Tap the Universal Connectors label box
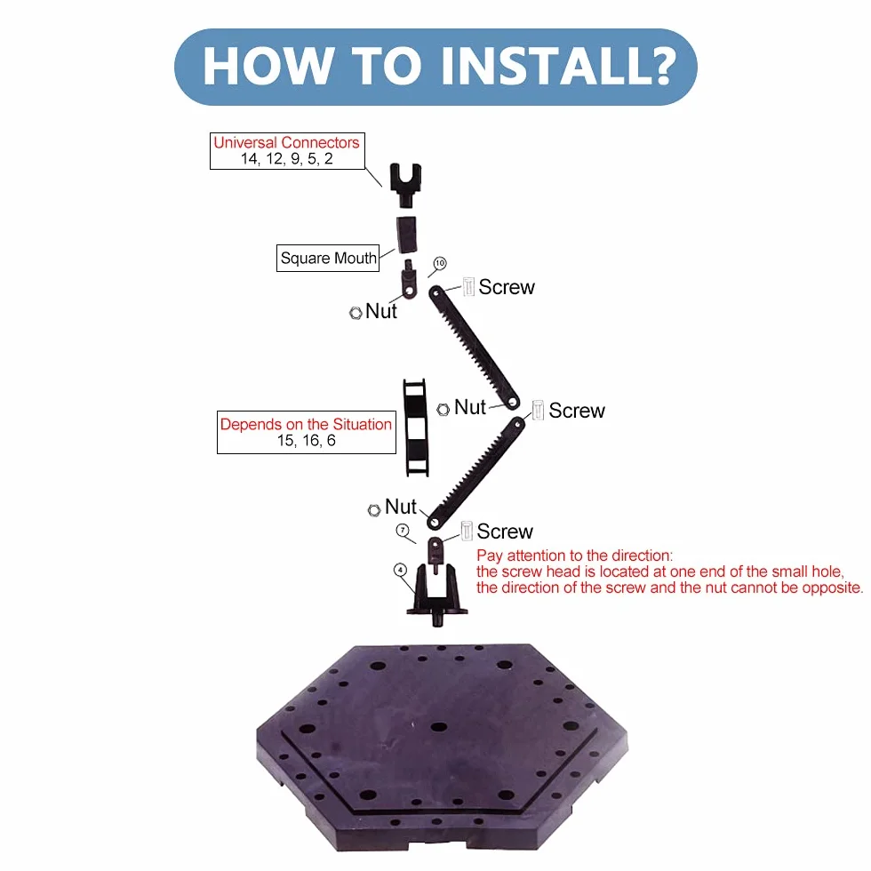pyautogui.click(x=287, y=150)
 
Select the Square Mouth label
pyautogui.click(x=328, y=259)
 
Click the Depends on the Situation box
pyautogui.click(x=306, y=432)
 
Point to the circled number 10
pyautogui.click(x=440, y=263)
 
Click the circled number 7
pyautogui.click(x=403, y=530)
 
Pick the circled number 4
pyautogui.click(x=400, y=570)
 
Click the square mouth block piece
pyautogui.click(x=407, y=235)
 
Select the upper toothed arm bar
pyautogui.click(x=474, y=348)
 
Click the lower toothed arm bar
pyautogui.click(x=475, y=473)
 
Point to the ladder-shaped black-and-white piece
pyautogui.click(x=416, y=428)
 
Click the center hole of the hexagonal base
pyautogui.click(x=439, y=727)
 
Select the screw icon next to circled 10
pyautogui.click(x=468, y=286)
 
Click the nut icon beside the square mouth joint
pyautogui.click(x=356, y=313)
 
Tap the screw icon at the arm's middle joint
pyautogui.click(x=538, y=410)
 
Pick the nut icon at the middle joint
pyautogui.click(x=443, y=410)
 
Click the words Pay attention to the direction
pyautogui.click(x=574, y=555)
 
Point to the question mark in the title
pyautogui.click(x=661, y=66)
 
